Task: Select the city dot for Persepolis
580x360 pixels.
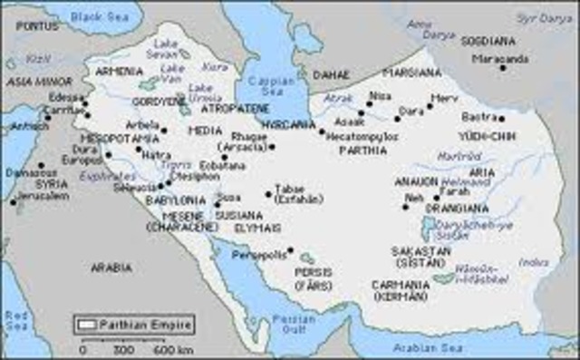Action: click(291, 250)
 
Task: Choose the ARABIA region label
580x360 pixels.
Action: click(111, 268)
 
